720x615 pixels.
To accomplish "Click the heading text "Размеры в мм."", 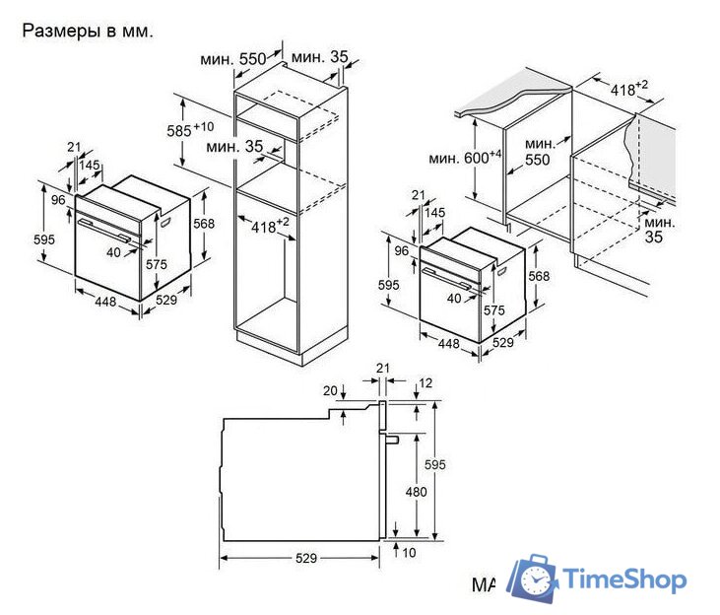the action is pyautogui.click(x=88, y=32).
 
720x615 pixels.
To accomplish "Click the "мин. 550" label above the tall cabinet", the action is pyautogui.click(x=233, y=59).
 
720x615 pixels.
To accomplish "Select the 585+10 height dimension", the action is pyautogui.click(x=190, y=130).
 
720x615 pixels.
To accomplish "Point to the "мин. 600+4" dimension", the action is pyautogui.click(x=465, y=157).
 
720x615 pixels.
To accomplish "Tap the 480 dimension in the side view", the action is pyautogui.click(x=416, y=492).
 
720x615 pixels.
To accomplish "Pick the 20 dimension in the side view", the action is pyautogui.click(x=330, y=390).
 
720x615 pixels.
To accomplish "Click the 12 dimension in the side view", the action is pyautogui.click(x=425, y=383).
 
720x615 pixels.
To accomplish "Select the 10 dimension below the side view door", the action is pyautogui.click(x=409, y=553).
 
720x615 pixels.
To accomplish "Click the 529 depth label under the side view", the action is pyautogui.click(x=306, y=558).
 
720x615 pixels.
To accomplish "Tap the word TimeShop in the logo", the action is pyautogui.click(x=624, y=580).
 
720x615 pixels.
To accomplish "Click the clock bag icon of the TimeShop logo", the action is pyautogui.click(x=533, y=578).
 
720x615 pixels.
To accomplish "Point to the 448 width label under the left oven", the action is pyautogui.click(x=105, y=302).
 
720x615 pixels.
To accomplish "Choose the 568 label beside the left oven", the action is pyautogui.click(x=204, y=224).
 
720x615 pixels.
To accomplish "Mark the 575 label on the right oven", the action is pyautogui.click(x=494, y=310).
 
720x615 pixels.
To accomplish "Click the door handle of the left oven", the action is pyautogui.click(x=103, y=230).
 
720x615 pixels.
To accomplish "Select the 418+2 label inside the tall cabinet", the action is pyautogui.click(x=270, y=226).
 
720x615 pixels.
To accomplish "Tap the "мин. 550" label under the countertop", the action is pyautogui.click(x=539, y=152).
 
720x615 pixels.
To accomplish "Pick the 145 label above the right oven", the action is pyautogui.click(x=434, y=212).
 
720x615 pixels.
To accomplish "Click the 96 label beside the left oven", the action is pyautogui.click(x=58, y=200).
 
